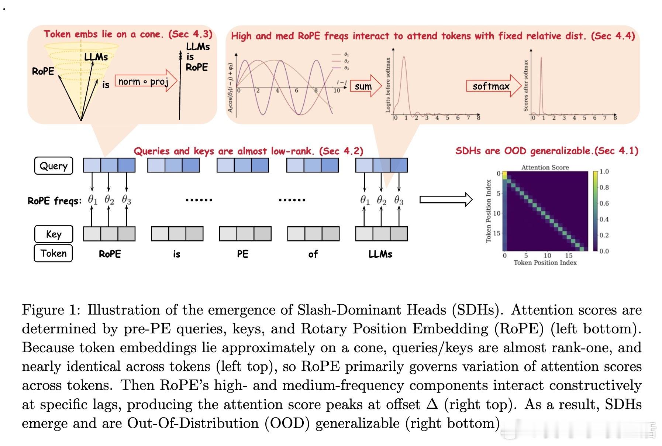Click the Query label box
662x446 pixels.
[x=54, y=166]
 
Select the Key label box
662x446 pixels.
[x=54, y=234]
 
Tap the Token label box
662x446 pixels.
[x=54, y=253]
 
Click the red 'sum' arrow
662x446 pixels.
[x=365, y=86]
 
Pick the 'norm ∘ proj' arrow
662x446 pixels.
[x=145, y=81]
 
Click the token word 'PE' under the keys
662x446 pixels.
[x=243, y=254]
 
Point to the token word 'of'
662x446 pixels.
[x=313, y=254]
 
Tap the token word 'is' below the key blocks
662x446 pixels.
[x=176, y=254]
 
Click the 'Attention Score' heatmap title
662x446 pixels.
[x=545, y=167]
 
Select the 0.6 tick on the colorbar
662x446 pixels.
[x=604, y=203]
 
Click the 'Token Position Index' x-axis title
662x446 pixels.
[x=545, y=263]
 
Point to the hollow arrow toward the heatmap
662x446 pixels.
[x=446, y=200]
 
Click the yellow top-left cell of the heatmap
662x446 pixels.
[x=505, y=174]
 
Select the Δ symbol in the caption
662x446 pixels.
[x=432, y=405]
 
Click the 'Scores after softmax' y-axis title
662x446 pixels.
[x=526, y=86]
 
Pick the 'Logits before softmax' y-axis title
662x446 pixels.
[x=388, y=85]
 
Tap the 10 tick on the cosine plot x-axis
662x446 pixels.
[x=337, y=90]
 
